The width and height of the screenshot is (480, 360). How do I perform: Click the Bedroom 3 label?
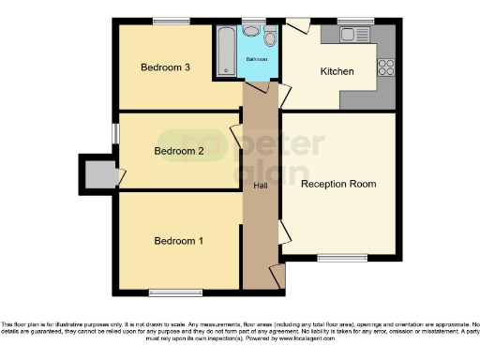point(166,67)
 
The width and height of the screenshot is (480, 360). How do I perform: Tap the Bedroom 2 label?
point(179,150)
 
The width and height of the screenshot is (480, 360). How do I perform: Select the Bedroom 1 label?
point(178,241)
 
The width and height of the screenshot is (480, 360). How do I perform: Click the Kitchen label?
point(337,72)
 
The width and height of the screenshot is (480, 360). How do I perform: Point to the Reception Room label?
point(337,184)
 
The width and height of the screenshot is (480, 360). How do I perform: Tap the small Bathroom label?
point(257,59)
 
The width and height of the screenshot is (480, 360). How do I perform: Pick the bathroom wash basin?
point(251,35)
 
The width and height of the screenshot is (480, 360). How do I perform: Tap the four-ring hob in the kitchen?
point(384,67)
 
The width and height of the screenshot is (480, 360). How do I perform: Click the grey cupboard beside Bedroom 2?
point(97,173)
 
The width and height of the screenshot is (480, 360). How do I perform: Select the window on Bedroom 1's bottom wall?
point(175,291)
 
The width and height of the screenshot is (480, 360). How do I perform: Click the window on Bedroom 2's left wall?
point(115,134)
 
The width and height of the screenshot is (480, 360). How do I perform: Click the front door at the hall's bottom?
point(275,276)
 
